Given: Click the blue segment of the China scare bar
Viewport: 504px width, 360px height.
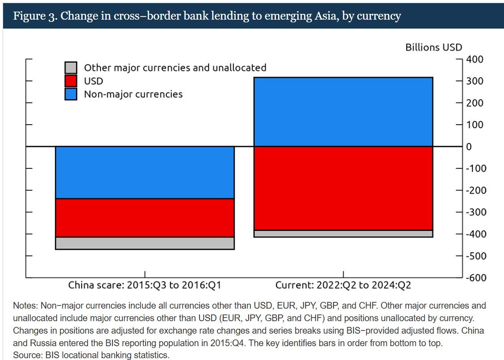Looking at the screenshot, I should coord(145,172).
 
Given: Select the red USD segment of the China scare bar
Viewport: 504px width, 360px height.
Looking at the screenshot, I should coord(145,218).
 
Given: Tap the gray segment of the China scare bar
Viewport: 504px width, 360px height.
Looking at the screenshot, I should coord(145,243).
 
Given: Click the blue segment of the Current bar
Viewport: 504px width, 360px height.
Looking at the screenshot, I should coord(343,112).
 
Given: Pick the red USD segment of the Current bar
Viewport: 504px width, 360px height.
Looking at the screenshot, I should coord(343,188).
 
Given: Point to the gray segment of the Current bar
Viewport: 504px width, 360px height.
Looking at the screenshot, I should coord(343,234).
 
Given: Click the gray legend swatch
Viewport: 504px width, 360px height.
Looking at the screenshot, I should coord(71,67).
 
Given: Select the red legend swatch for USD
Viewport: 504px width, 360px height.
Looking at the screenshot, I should coord(71,81).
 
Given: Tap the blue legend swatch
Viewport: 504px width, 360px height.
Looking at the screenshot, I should coord(71,94).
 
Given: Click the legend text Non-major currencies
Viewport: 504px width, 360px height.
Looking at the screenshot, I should coord(133,94).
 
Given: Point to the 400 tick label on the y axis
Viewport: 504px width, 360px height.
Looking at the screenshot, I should coord(474,59).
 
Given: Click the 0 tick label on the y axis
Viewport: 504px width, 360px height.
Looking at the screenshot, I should coord(469,147).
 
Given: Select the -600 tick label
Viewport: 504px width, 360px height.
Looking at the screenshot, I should coord(476,277).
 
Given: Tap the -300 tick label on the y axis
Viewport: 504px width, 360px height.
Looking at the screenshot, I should coord(476,212).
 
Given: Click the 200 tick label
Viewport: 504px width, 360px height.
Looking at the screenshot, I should coord(474,103).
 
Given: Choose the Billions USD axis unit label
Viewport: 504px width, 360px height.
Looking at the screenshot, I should coord(433,47).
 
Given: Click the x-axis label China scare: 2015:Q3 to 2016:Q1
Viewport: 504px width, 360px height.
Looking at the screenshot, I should coord(145,285).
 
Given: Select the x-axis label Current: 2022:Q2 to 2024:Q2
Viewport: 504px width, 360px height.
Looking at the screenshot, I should coord(343,285).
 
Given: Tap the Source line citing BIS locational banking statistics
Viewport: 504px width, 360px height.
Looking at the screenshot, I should coord(92,355).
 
